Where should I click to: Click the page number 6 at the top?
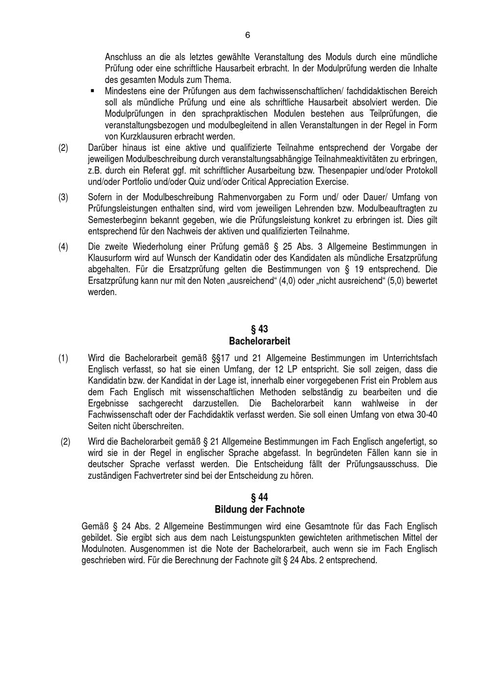[247, 35]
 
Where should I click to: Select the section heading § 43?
[260, 329]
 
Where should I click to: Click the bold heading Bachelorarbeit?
[260, 341]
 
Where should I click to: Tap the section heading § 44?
[260, 497]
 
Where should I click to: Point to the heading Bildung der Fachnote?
[260, 509]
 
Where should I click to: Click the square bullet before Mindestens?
[92, 91]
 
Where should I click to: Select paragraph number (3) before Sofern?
[63, 198]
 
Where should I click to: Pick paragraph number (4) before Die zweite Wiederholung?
[63, 247]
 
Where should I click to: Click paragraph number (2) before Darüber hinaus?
[63, 148]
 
